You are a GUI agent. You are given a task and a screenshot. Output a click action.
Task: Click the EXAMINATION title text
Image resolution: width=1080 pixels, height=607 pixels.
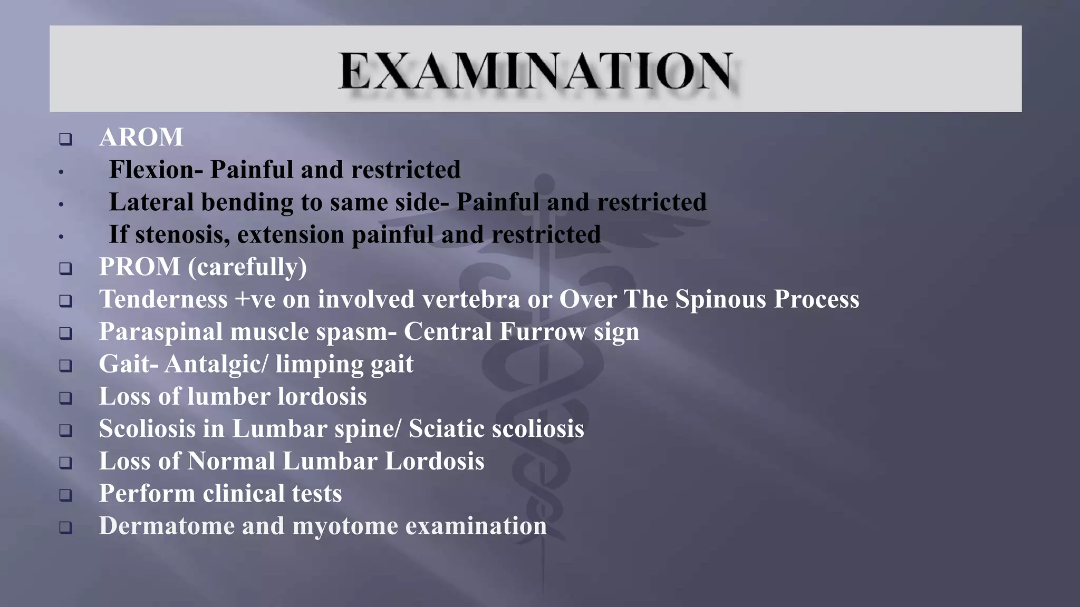point(535,71)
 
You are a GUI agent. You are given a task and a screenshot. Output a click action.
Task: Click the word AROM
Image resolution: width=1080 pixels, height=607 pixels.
point(141,138)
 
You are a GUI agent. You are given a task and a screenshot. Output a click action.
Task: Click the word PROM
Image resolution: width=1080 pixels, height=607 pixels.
point(140,267)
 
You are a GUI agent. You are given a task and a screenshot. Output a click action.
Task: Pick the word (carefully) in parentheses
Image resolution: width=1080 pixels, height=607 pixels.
point(247,267)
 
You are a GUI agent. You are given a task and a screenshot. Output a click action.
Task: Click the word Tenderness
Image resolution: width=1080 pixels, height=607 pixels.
point(163,299)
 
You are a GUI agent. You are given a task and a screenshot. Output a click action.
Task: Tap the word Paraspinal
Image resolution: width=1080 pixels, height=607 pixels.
point(161,332)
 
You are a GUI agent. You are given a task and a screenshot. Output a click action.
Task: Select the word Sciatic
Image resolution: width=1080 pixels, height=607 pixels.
point(446,429)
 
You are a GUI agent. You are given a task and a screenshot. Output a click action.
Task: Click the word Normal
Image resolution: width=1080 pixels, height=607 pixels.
point(231,462)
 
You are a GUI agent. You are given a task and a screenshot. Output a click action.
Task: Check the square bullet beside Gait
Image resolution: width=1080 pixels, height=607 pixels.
point(65,366)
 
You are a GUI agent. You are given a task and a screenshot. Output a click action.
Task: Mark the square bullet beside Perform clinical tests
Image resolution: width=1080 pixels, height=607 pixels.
point(65,495)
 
